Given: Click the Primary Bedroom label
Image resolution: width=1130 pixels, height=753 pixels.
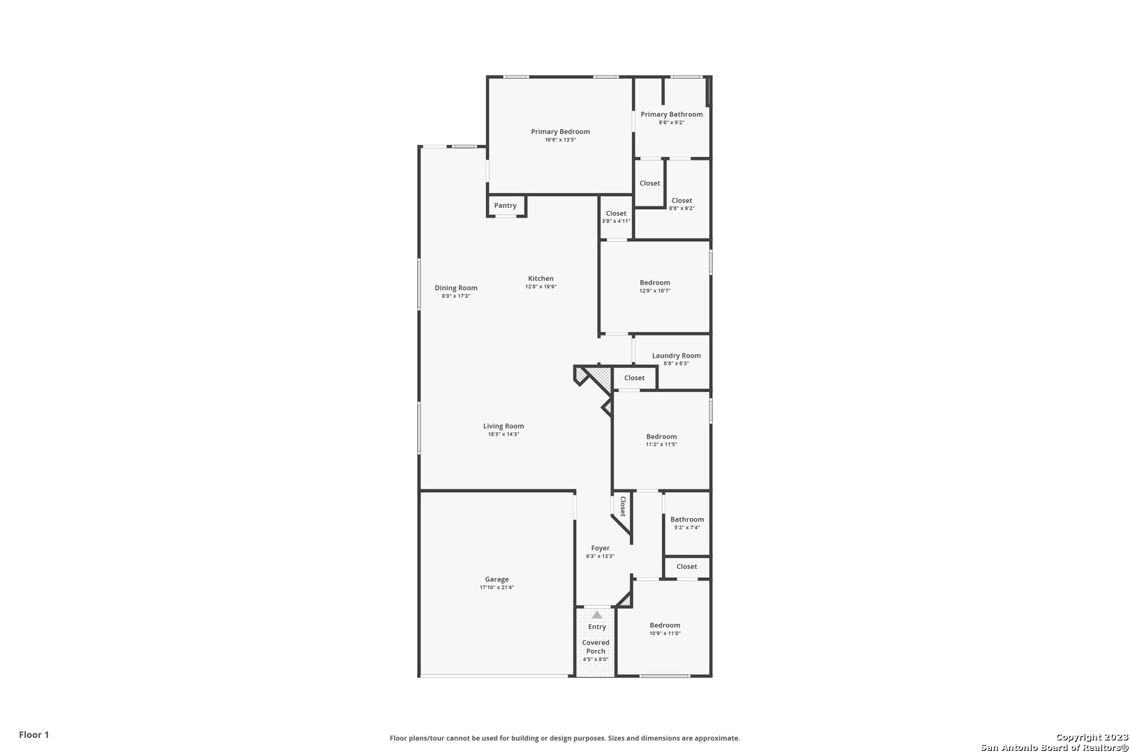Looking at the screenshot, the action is click(560, 132).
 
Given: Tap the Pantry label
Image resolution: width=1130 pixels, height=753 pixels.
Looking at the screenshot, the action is click(505, 205).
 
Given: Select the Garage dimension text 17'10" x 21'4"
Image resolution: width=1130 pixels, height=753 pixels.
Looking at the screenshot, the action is click(497, 587).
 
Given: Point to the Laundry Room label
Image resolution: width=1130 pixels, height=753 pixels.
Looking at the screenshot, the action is click(676, 356).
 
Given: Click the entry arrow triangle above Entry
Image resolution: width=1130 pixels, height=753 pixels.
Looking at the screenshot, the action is click(597, 615).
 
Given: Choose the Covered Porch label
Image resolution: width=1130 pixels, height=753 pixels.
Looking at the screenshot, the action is click(596, 646).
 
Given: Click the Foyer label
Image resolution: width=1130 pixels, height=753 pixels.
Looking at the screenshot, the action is click(601, 548).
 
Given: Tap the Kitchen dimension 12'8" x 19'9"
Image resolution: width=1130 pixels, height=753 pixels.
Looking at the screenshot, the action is click(541, 287).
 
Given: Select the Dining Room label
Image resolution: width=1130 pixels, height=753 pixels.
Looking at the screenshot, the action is click(456, 288).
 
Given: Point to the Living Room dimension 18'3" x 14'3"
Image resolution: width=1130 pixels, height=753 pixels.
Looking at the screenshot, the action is click(504, 434).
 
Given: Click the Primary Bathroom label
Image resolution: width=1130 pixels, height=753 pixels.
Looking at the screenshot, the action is click(672, 114).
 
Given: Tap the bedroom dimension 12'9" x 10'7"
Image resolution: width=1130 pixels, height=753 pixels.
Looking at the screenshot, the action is click(655, 291).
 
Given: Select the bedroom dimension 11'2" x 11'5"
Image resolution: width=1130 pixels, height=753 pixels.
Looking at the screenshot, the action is click(661, 444).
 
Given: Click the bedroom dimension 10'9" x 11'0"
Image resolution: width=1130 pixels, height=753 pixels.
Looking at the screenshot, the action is click(665, 634).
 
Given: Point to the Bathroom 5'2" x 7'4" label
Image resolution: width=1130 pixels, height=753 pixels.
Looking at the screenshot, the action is click(687, 519).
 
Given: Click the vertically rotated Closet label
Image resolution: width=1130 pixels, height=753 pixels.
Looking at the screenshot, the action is click(622, 506).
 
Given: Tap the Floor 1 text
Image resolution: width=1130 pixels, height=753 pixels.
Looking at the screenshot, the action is click(33, 735).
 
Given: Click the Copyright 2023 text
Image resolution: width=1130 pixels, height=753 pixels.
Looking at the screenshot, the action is click(1092, 738).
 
